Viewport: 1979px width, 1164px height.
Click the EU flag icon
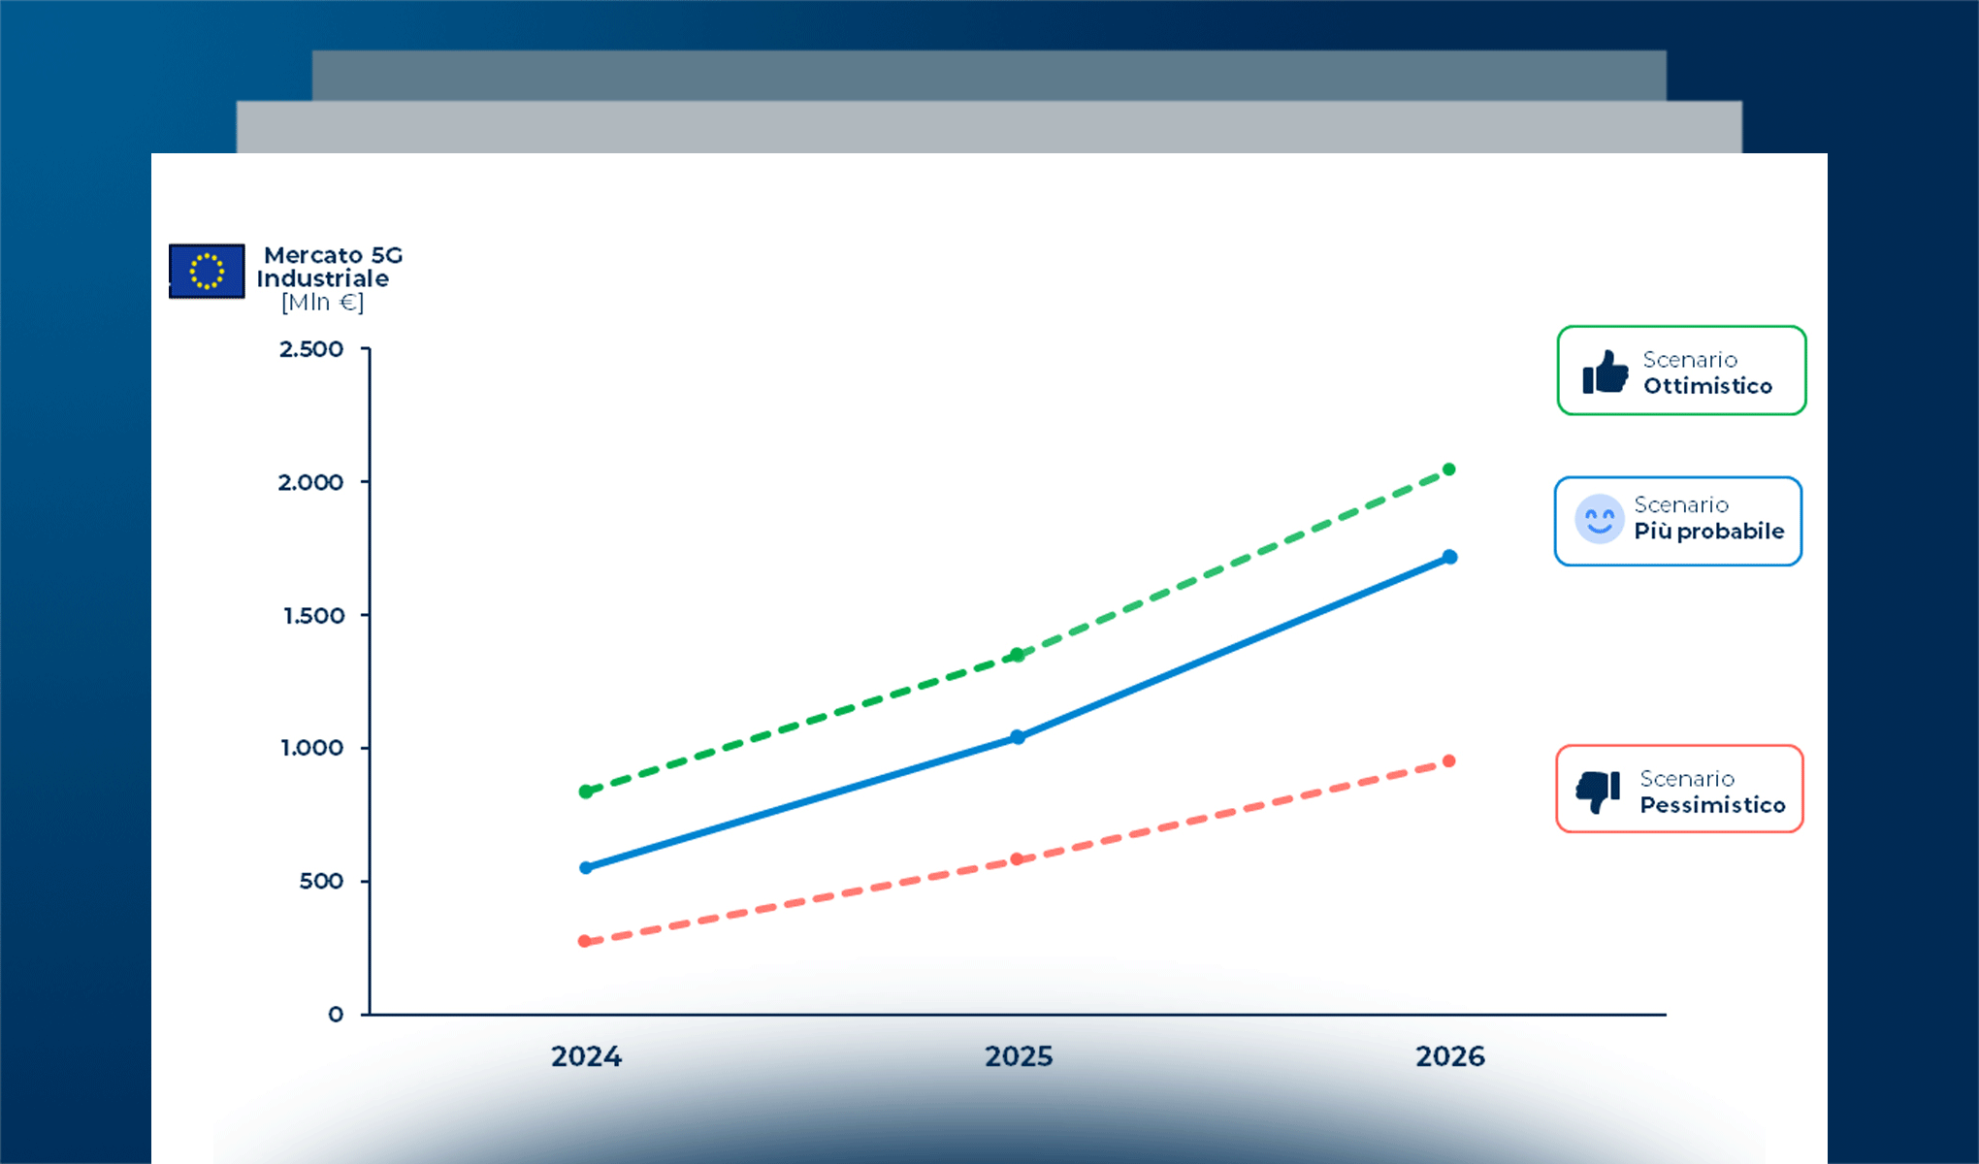point(207,271)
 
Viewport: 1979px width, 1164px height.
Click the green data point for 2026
point(1449,469)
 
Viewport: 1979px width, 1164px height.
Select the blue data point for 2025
point(1018,737)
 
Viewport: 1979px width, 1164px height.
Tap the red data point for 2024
point(585,941)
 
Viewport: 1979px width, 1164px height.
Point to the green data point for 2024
point(586,792)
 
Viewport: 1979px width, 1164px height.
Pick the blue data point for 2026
point(1449,557)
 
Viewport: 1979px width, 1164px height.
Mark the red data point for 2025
point(1017,859)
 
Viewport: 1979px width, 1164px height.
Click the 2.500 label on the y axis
point(311,349)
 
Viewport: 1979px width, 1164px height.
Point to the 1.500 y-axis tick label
point(313,616)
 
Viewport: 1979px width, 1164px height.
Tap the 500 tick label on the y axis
point(321,882)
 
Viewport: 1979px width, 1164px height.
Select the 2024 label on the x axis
point(586,1056)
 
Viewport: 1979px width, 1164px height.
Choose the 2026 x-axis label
point(1450,1056)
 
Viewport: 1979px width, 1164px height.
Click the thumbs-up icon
point(1606,372)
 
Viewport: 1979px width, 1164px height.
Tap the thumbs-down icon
point(1599,792)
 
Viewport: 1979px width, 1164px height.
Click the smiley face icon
point(1599,519)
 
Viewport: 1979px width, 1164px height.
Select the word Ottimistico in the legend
point(1707,386)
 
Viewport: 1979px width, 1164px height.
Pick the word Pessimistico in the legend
point(1712,805)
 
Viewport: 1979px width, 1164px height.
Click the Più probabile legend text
point(1709,532)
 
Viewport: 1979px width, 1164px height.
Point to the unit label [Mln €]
point(323,303)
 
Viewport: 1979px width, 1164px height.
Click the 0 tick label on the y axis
point(336,1015)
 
